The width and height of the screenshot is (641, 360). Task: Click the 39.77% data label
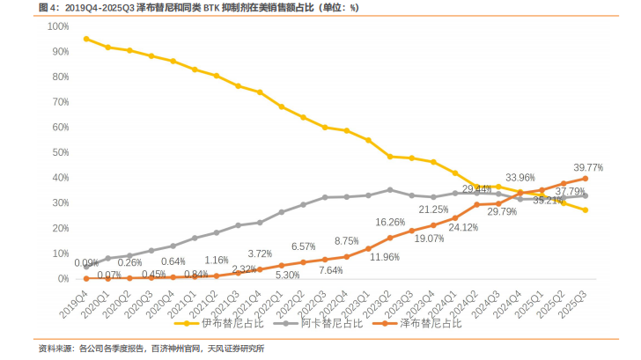tap(588, 166)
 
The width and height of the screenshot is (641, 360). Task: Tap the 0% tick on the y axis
tap(63, 278)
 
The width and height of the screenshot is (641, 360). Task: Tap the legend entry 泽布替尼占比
tap(426, 323)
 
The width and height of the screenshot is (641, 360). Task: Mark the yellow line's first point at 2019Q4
tap(85, 39)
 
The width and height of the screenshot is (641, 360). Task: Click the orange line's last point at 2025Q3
tap(586, 179)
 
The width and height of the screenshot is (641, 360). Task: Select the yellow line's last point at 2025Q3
tap(586, 209)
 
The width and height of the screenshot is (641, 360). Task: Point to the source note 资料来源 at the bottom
tap(151, 349)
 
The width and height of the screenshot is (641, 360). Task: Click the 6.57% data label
tap(304, 246)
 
